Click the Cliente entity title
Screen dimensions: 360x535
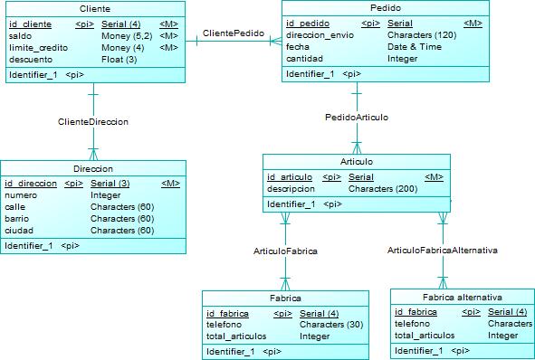tap(94, 8)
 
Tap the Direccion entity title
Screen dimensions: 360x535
tap(93, 169)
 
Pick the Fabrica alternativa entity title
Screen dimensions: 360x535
tap(462, 298)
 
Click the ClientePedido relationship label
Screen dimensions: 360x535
tap(234, 33)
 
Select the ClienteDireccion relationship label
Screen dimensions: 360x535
tap(93, 120)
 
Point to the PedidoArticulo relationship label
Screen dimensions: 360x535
tap(357, 118)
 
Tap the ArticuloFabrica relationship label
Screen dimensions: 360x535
tap(285, 250)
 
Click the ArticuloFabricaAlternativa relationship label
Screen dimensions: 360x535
tap(443, 250)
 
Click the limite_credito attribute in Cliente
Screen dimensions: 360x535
tap(39, 47)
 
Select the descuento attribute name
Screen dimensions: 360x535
tap(31, 60)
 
